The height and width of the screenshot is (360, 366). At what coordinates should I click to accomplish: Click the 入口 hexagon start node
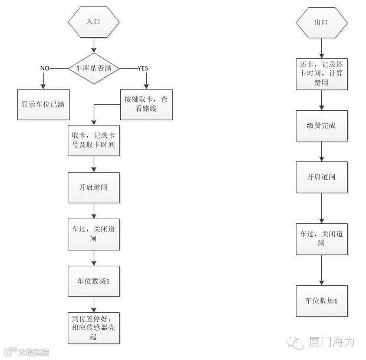pyautogui.click(x=94, y=22)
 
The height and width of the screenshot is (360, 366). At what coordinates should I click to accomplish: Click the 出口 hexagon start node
pyautogui.click(x=321, y=22)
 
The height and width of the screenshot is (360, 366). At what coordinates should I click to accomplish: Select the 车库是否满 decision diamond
pyautogui.click(x=94, y=68)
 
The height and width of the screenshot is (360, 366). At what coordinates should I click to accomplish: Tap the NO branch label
pyautogui.click(x=45, y=68)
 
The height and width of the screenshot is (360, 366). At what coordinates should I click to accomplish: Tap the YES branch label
pyautogui.click(x=143, y=68)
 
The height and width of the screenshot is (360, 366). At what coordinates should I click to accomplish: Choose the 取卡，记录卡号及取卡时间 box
pyautogui.click(x=94, y=140)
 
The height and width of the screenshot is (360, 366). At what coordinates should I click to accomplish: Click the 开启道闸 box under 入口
pyautogui.click(x=94, y=188)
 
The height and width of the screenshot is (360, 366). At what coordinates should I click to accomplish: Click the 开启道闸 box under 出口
pyautogui.click(x=321, y=177)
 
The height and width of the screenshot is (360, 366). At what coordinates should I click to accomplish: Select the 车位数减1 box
pyautogui.click(x=94, y=282)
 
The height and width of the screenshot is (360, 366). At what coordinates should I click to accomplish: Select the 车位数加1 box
pyautogui.click(x=321, y=300)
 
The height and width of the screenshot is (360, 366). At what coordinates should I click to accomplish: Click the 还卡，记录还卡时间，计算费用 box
pyautogui.click(x=321, y=75)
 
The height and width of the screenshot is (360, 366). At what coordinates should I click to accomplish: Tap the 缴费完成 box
pyautogui.click(x=321, y=126)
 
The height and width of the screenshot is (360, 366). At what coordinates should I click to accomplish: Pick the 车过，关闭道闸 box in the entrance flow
pyautogui.click(x=94, y=235)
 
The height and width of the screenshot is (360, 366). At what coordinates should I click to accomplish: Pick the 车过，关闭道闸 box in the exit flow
pyautogui.click(x=321, y=239)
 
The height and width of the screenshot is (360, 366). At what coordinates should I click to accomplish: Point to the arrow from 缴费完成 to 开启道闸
pyautogui.click(x=321, y=151)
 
